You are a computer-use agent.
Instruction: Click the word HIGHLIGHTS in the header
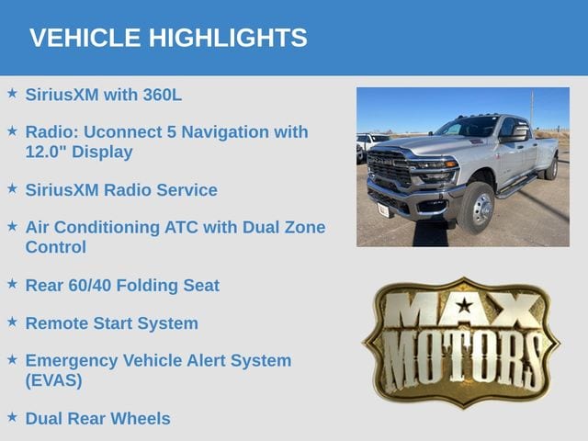[x=228, y=38]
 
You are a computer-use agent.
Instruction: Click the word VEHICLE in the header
[x=85, y=38]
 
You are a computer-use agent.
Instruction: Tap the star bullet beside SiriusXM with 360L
[x=12, y=94]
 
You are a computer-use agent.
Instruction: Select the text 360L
[x=163, y=95]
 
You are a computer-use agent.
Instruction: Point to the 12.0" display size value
[x=46, y=152]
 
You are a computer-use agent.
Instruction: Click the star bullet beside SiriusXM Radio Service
[x=12, y=188]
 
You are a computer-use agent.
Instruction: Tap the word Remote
[x=57, y=323]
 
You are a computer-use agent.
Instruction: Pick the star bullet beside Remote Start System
[x=12, y=322]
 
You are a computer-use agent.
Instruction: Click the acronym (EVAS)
[x=53, y=380]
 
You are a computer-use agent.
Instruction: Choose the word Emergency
[x=72, y=361]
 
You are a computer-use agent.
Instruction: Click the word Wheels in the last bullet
[x=141, y=419]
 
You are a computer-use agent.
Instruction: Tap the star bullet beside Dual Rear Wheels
[x=12, y=417]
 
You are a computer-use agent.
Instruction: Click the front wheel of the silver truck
[x=478, y=209]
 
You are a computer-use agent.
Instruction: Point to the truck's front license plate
[x=383, y=210]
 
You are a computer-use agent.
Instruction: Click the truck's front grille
[x=390, y=168]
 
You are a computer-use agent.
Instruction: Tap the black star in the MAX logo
[x=465, y=305]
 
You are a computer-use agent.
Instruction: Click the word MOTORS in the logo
[x=462, y=360]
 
